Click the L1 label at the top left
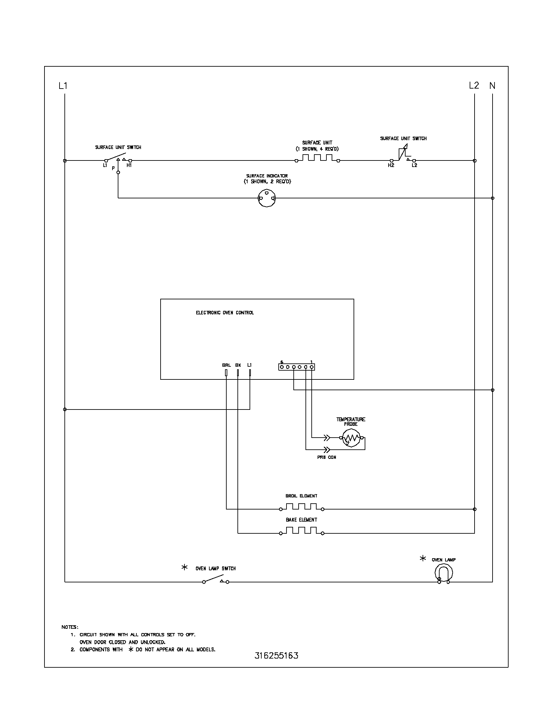(63, 86)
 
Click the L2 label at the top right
(474, 86)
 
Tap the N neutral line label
(493, 86)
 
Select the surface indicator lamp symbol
(266, 198)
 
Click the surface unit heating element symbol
(317, 158)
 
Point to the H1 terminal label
(129, 166)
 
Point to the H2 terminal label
(391, 166)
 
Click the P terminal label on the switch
(113, 168)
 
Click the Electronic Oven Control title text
(225, 313)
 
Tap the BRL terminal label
(226, 365)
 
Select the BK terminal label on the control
(238, 365)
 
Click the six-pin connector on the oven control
(296, 367)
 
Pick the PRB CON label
(327, 457)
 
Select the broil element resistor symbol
(302, 507)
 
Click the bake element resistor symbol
(302, 531)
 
